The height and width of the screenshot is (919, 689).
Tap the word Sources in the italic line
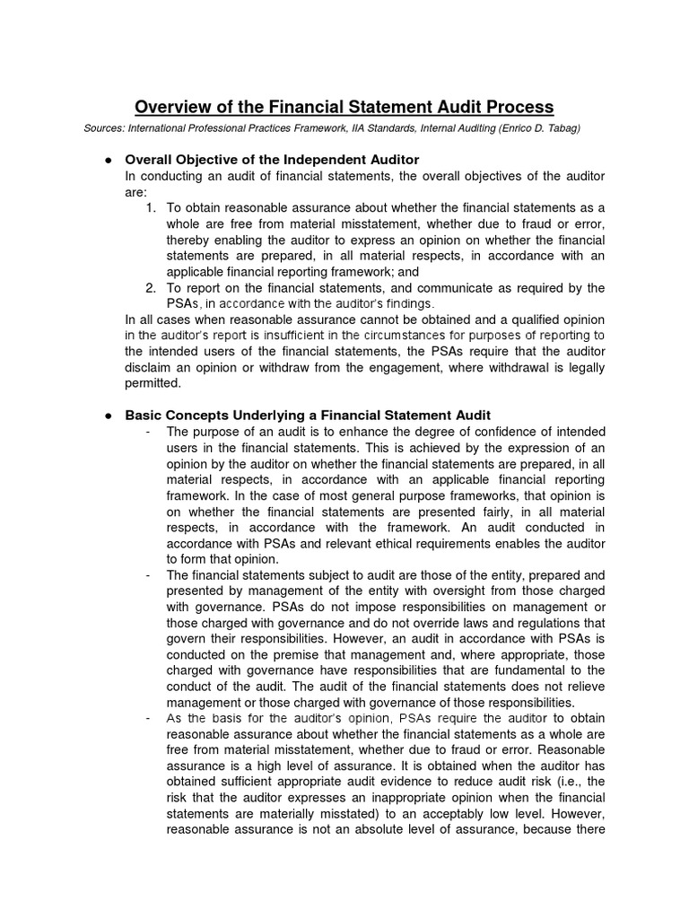click(104, 129)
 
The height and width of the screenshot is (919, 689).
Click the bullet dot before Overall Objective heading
click(108, 160)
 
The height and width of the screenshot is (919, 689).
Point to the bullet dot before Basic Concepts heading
click(108, 415)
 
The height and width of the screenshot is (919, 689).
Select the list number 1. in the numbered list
click(151, 208)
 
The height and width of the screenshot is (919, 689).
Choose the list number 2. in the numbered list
click(151, 287)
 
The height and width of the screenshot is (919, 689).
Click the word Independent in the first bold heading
click(296, 160)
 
